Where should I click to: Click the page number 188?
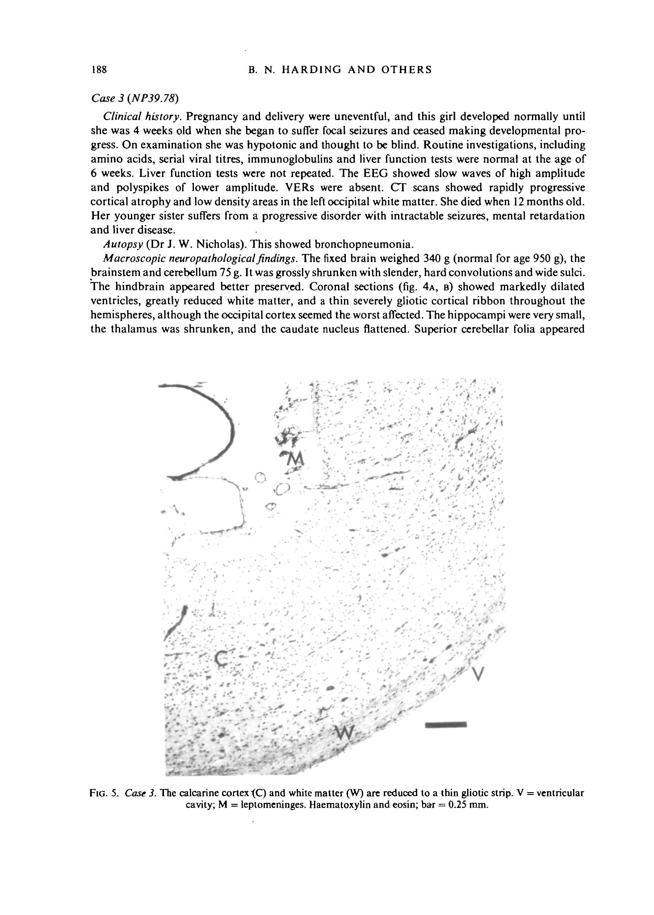[99, 70]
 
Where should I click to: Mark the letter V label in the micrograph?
[477, 673]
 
